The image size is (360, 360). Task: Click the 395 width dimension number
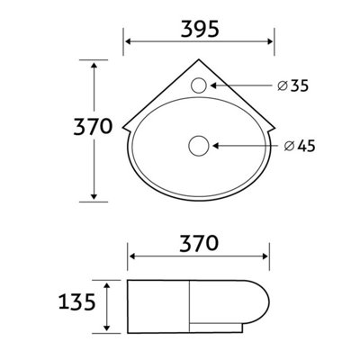pyautogui.click(x=200, y=30)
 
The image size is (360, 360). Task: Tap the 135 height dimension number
pyautogui.click(x=77, y=301)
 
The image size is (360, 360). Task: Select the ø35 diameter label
pyautogui.click(x=292, y=85)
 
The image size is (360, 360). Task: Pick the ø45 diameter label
pyautogui.click(x=300, y=146)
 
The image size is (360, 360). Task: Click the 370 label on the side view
pyautogui.click(x=199, y=243)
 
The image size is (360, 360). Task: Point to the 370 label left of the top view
pyautogui.click(x=93, y=126)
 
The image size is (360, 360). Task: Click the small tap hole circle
pyautogui.click(x=199, y=85)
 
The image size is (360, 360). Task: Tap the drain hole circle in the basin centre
pyautogui.click(x=199, y=146)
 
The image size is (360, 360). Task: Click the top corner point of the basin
pyautogui.click(x=199, y=59)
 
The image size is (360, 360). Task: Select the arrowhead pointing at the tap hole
pyautogui.click(x=213, y=85)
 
